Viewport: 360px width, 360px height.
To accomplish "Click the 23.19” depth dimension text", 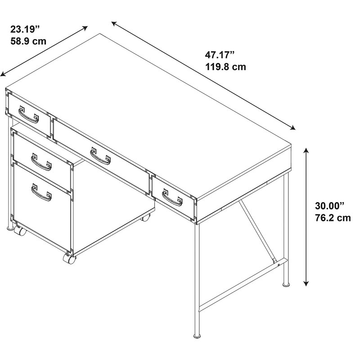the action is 25,29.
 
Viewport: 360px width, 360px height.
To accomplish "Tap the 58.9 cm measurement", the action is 28,41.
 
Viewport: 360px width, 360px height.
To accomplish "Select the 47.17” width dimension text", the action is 220,55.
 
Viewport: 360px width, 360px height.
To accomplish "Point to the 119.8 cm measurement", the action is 225,67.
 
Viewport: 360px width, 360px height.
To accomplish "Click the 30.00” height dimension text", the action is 330,206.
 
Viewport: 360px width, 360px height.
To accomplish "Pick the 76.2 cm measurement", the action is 333,218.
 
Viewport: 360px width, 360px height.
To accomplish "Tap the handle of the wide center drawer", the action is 100,156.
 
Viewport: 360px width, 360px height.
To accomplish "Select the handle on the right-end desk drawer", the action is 172,198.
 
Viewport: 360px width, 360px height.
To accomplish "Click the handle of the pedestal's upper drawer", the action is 41,162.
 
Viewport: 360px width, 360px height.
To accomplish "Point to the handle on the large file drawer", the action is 41,193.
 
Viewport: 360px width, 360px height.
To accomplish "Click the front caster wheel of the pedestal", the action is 70,258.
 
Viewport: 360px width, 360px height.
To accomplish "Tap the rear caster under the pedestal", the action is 145,217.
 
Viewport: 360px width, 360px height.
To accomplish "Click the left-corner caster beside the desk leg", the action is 20,230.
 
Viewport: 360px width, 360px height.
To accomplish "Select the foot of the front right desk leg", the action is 197,336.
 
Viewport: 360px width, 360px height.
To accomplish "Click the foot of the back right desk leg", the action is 286,284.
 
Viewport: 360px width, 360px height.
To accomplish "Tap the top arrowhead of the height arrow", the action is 306,151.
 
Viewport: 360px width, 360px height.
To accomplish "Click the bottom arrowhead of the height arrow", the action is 306,283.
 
